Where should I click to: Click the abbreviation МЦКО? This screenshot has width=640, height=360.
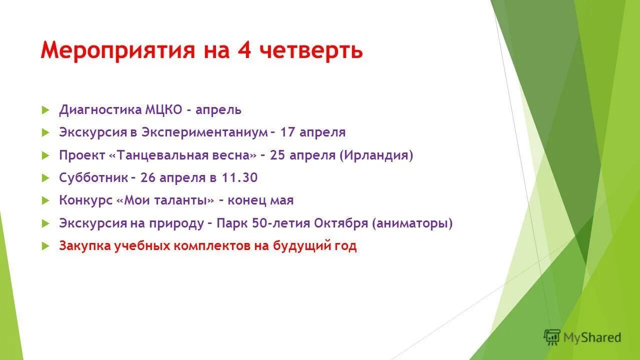163,110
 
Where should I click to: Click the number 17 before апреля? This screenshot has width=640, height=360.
288,132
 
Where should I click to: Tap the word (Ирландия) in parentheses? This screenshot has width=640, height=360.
376,155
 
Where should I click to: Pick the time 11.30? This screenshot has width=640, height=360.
240,178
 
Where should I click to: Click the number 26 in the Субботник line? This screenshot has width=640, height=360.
148,178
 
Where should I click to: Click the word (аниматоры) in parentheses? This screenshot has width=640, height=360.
412,223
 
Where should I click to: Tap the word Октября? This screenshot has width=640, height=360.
341,223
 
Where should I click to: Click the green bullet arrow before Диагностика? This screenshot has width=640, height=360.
45,110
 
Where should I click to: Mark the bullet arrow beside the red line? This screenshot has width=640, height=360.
45,246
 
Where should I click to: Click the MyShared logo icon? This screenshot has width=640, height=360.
552,337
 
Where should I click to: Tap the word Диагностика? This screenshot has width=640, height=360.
100,110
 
